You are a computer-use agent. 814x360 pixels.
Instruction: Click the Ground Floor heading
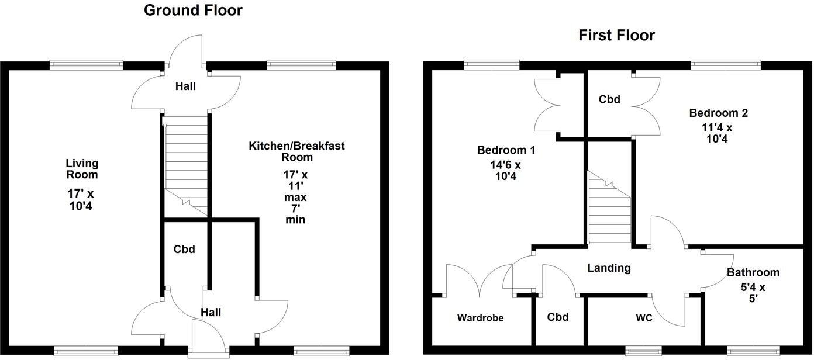[193, 10]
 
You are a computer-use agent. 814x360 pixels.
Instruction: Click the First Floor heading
[616, 35]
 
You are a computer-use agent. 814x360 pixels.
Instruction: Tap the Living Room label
[82, 169]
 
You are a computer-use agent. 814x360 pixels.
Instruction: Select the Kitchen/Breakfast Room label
[296, 151]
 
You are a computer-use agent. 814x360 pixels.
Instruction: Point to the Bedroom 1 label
[506, 150]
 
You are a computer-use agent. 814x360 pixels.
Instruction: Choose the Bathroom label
[753, 272]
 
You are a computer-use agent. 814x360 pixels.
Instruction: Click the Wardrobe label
[480, 318]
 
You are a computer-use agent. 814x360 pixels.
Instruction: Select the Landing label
[609, 268]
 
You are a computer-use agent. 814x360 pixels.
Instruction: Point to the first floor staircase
[609, 210]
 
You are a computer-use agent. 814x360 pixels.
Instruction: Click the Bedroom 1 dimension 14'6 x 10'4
[506, 171]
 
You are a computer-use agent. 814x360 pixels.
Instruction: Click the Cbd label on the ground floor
[184, 250]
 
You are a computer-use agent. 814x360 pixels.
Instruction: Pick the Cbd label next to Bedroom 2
[609, 99]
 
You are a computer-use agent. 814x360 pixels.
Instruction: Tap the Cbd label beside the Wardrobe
[558, 317]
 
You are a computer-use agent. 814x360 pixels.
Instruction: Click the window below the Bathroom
[753, 351]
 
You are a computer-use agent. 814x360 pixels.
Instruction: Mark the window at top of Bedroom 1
[491, 65]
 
